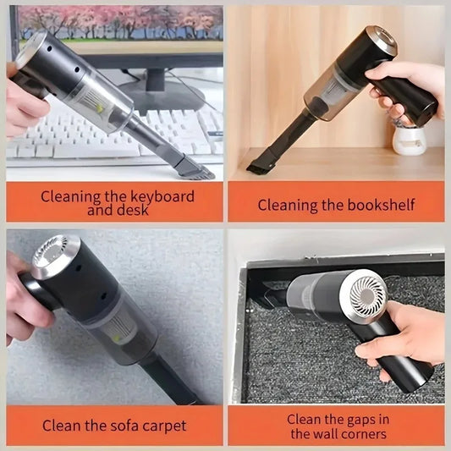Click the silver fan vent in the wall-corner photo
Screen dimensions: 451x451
(367, 293)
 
